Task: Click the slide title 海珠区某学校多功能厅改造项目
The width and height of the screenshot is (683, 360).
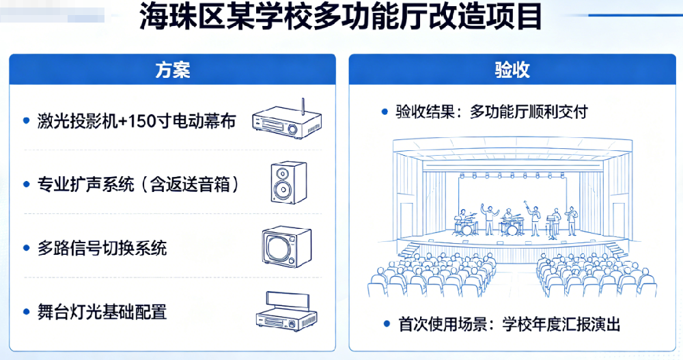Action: (x=341, y=18)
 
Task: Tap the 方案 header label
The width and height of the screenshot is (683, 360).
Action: (x=172, y=70)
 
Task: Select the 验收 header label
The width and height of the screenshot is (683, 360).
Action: (x=512, y=70)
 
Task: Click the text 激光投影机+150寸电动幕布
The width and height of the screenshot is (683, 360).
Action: (x=137, y=122)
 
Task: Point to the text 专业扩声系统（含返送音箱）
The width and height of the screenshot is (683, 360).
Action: (x=140, y=184)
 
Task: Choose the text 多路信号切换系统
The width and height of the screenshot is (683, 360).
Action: (x=102, y=248)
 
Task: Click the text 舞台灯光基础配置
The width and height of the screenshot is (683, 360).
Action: (x=102, y=312)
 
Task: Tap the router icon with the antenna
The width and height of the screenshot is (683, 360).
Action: (x=286, y=121)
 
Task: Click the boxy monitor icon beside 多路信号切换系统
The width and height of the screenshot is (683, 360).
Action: (x=286, y=247)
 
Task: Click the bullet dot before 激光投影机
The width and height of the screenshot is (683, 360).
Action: (x=25, y=122)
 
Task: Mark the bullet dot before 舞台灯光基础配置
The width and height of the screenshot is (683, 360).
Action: (x=25, y=312)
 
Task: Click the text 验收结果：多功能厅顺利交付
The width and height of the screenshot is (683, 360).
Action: (x=491, y=112)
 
